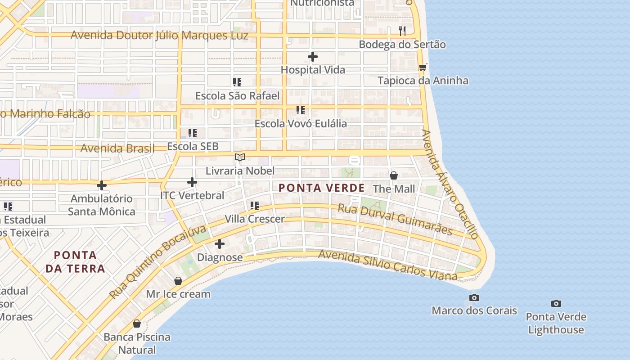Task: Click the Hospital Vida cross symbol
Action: point(313,57)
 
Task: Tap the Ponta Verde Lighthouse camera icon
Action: point(556,304)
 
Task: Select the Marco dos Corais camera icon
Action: point(474,298)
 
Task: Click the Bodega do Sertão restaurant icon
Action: point(402,31)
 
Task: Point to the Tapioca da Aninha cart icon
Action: point(423,67)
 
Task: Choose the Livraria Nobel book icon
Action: point(240,157)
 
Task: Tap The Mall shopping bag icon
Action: point(394,175)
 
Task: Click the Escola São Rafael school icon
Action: point(237,82)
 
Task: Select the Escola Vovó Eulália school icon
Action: point(301,110)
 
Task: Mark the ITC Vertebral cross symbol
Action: point(192,182)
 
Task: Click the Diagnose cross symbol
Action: point(220,244)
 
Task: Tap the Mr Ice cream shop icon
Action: point(178,281)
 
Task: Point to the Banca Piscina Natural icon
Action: point(137,324)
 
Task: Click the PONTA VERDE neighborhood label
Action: point(321,188)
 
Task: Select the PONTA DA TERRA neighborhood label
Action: point(75,262)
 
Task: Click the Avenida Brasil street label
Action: point(117,148)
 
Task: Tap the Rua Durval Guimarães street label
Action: point(395,219)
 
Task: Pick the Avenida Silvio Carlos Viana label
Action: point(387,265)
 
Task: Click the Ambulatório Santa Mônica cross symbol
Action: point(102,185)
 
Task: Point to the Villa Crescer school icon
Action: point(255,206)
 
